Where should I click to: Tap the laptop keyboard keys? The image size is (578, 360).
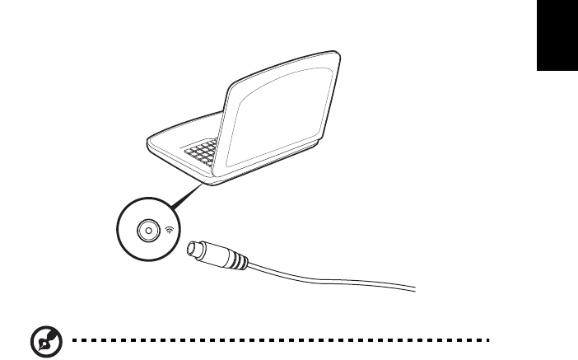click(203, 152)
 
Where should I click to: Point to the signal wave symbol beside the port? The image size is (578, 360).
click(170, 231)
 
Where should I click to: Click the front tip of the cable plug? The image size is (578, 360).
click(191, 247)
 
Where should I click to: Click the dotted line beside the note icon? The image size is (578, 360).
click(272, 339)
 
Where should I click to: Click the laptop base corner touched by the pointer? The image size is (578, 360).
click(212, 184)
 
